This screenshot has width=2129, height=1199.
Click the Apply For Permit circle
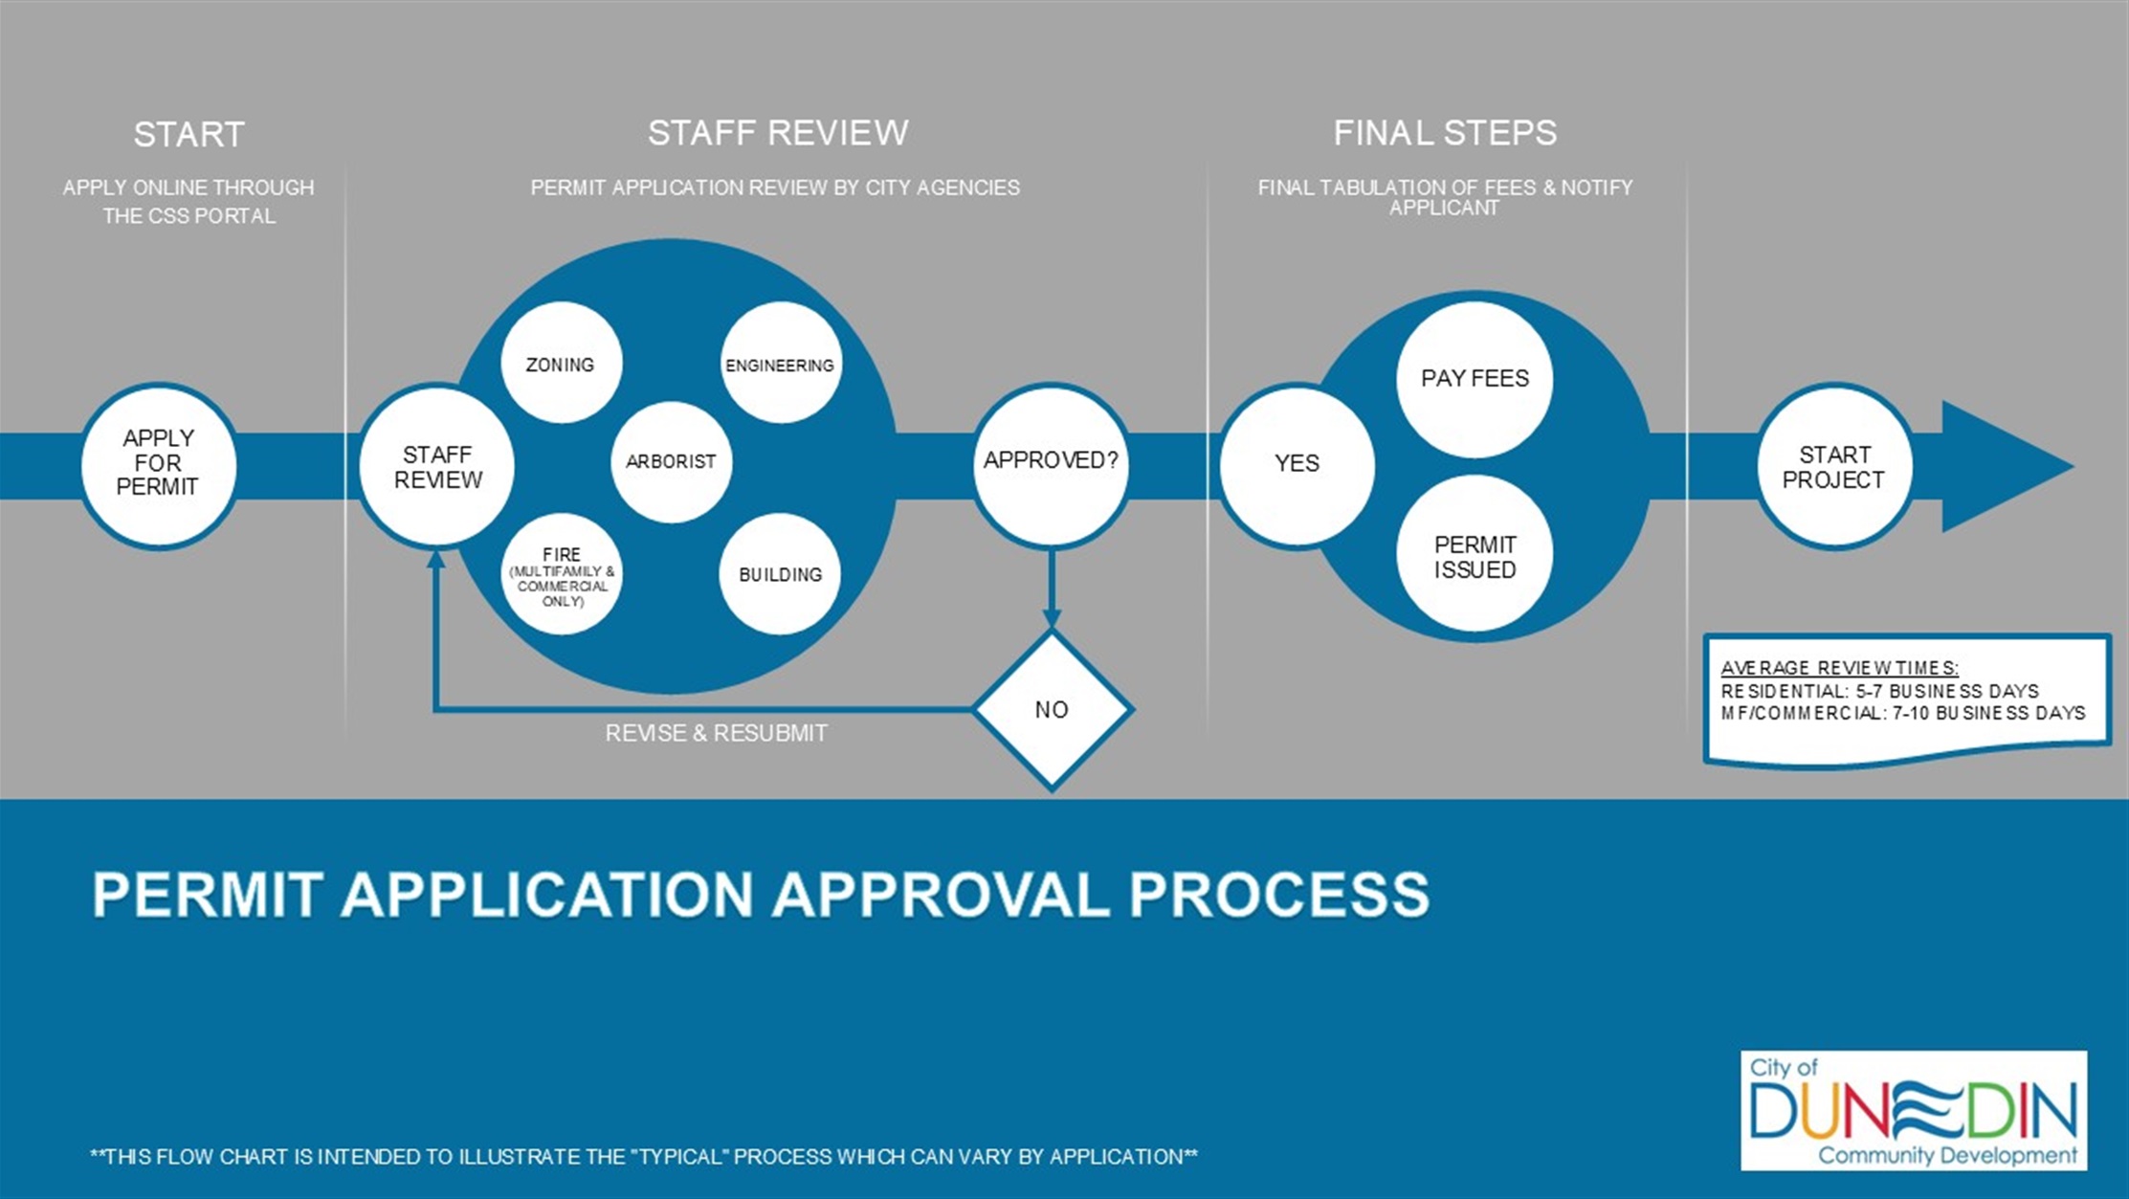[x=159, y=465]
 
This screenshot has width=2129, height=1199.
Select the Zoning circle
[x=561, y=364]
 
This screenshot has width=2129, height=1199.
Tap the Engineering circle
[x=780, y=364]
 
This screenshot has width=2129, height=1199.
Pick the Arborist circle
[x=671, y=461]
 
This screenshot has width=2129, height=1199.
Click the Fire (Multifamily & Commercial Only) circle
[x=562, y=575]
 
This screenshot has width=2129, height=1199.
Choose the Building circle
[x=780, y=574]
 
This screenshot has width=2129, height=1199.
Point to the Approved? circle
[x=1051, y=463]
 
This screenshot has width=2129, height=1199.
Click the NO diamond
[x=1052, y=710]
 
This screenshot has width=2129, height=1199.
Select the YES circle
[x=1297, y=464]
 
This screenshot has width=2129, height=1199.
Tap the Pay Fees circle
[x=1475, y=379]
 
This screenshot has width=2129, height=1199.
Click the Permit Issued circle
[x=1475, y=555]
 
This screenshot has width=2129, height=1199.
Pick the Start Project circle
[x=1833, y=467]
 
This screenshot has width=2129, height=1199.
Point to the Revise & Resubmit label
[x=716, y=734]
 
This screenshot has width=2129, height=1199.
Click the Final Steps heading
[x=1445, y=133]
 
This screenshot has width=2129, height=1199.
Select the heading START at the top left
[x=189, y=135]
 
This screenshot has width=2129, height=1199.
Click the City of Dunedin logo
[x=1914, y=1110]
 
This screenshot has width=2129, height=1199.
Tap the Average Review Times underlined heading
[x=1839, y=668]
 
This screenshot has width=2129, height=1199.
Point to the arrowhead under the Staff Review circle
[x=435, y=558]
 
